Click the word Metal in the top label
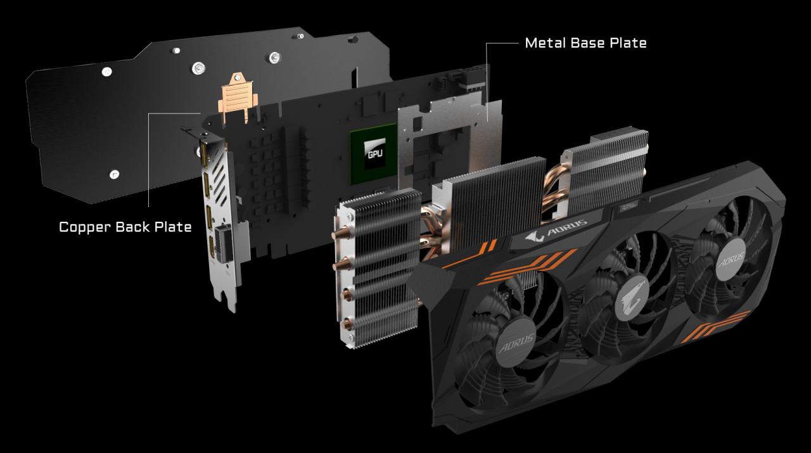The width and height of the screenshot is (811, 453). [546, 42]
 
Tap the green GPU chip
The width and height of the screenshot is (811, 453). [374, 153]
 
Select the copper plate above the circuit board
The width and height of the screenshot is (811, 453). [238, 98]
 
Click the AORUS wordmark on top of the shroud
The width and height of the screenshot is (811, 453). [556, 230]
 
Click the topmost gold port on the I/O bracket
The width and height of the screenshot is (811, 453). [204, 154]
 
